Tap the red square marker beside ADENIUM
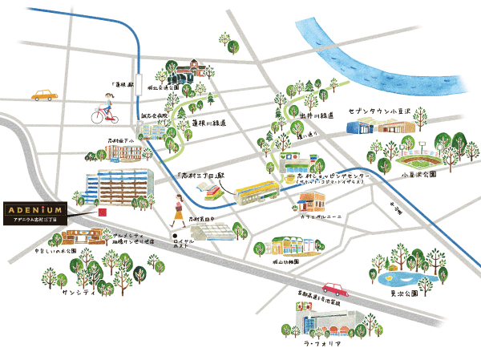[100, 212]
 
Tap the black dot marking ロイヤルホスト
[173, 235]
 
